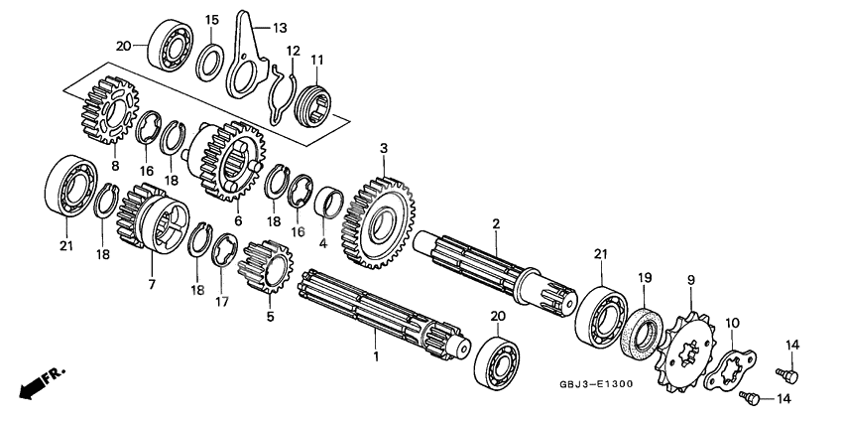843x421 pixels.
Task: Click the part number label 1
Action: pyautogui.click(x=375, y=355)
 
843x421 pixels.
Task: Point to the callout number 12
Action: pyautogui.click(x=294, y=51)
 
